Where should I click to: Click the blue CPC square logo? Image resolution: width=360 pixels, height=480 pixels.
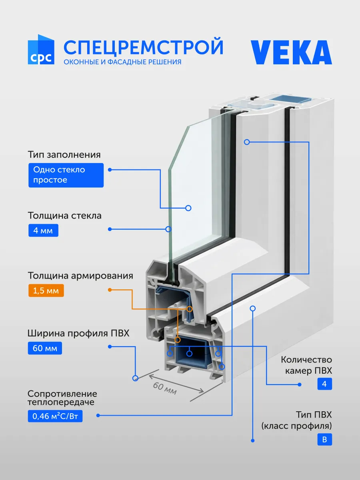point(41,50)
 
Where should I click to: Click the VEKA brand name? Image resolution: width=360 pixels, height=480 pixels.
point(291,52)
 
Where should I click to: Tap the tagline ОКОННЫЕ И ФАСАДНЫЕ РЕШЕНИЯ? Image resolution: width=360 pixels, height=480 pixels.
point(122,62)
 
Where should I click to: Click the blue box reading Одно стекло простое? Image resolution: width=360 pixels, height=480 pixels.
point(66,175)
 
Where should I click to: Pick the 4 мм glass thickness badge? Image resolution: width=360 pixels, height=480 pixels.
point(43,230)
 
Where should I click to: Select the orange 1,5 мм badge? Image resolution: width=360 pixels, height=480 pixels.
point(46,291)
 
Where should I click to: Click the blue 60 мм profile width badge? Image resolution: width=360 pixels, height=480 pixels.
point(45,348)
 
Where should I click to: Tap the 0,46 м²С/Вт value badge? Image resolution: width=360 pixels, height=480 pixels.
point(55,416)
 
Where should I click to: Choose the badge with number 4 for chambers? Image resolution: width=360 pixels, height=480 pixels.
point(324,384)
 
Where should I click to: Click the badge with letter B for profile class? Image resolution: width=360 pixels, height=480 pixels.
point(324,440)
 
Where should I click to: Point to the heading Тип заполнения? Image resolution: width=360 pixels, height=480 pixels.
point(64,155)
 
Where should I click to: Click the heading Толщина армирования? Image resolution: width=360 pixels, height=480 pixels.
point(80,276)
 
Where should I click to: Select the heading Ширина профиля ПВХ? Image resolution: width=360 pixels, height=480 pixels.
point(78,333)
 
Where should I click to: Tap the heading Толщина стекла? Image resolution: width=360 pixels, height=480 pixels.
point(64,216)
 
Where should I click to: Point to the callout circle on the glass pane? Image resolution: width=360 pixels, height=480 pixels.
point(188,208)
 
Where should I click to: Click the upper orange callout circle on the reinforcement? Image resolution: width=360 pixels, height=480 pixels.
point(190,309)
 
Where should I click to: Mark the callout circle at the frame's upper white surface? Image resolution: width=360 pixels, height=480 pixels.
point(247,142)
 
